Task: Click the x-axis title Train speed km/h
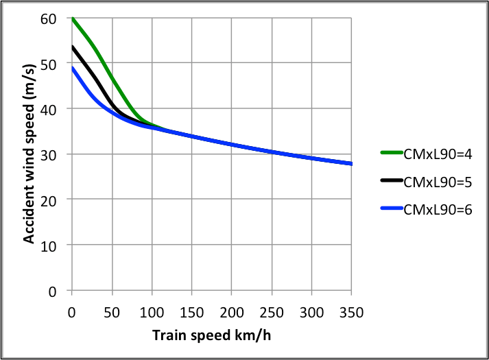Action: click(212, 335)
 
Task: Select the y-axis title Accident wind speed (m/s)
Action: click(29, 154)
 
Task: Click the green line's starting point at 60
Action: click(72, 19)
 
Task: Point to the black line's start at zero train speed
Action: click(72, 47)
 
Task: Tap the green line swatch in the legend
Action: click(390, 153)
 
